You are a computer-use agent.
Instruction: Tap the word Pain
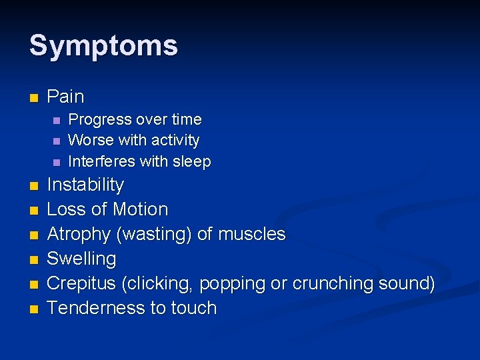point(65,97)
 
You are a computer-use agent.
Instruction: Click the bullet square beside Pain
point(33,97)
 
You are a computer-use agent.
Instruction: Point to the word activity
point(175,141)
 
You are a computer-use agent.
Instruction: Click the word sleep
point(192,161)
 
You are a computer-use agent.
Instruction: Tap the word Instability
point(85,185)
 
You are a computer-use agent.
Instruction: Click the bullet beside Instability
point(33,185)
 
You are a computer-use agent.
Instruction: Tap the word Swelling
point(81,259)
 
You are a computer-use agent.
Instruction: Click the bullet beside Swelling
point(33,259)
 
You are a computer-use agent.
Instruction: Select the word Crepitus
point(82,283)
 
